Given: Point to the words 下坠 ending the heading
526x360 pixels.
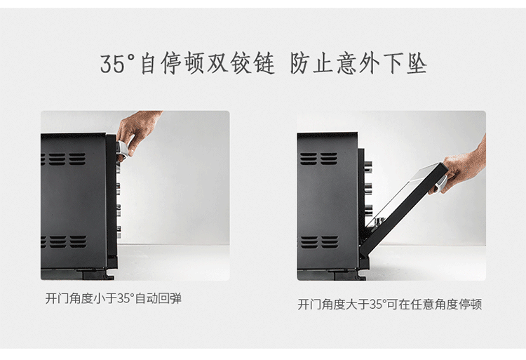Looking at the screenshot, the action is pos(405,63).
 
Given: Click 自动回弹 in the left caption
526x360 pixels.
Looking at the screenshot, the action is pos(158,298).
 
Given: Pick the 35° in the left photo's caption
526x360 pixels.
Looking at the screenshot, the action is pos(126,298).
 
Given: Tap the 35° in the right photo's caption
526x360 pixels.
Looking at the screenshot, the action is pos(378,305).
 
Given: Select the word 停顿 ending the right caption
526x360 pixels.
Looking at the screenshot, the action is pos(470,305).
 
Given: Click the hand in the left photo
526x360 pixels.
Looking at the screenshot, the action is pos(137,131).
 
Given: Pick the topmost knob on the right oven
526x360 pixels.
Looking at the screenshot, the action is pos(368,165).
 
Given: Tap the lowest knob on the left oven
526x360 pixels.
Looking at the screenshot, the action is pos(119,232).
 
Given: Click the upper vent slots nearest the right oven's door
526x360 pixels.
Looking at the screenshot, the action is pos(329,159).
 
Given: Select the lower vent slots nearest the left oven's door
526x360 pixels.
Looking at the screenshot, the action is pos(78,241).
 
